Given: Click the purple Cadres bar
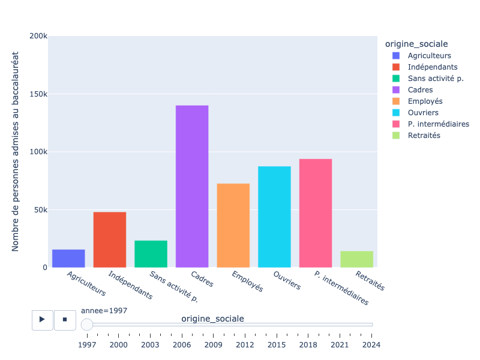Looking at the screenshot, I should coord(192,187).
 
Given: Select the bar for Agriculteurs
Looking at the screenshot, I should coord(68,259).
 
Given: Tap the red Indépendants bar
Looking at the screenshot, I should coord(110,240).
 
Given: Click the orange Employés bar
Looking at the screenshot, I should coord(233,226).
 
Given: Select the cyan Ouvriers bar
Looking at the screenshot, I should coord(274,217).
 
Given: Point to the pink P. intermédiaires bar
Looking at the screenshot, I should coord(316,213).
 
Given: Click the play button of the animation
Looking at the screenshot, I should coord(42,320).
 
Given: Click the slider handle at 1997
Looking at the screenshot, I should coord(87,325).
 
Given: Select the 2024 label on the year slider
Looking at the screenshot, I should coord(371,344).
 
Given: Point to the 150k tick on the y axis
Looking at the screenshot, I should coord(38,94).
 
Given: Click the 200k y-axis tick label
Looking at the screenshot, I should coord(38,36).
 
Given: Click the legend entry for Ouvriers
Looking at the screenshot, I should coord(423,113).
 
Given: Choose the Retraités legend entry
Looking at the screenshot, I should coord(424,136).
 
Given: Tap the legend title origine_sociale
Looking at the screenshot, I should coord(416,44).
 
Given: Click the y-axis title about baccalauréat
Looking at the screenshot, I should coord(16,151).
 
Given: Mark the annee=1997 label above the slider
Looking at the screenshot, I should coord(104,311).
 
